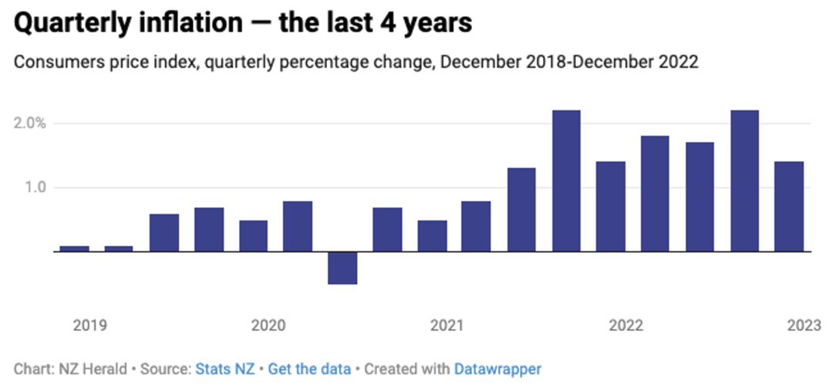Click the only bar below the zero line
pos(342,268)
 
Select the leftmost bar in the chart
pos(74,248)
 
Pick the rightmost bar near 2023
pos(789,206)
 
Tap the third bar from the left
pos(164,233)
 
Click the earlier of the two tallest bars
pos(566,181)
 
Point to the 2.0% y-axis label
pos(34,123)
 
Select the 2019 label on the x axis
pos(89,325)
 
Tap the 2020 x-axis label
pos(268,325)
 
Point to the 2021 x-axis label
pos(447,325)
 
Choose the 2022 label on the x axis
pos(626,325)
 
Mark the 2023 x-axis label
pos(804,325)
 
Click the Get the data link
pos(309,369)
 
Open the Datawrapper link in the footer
pos(497,369)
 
